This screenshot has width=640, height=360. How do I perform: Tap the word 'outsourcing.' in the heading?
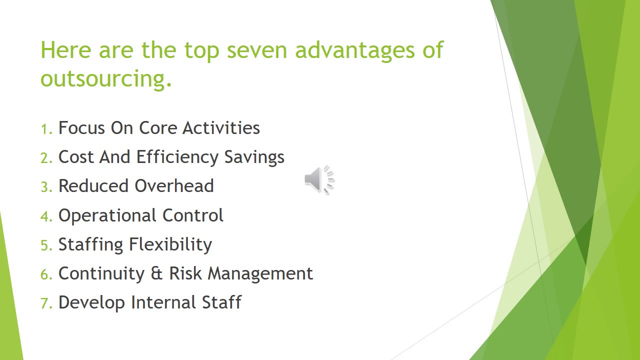(106, 79)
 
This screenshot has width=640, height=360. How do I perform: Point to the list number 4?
(45, 216)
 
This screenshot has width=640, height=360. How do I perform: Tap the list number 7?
(45, 303)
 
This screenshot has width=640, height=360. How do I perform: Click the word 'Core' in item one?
(158, 128)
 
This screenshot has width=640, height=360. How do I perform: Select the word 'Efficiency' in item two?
(177, 157)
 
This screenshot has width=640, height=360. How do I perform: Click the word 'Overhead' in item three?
(174, 185)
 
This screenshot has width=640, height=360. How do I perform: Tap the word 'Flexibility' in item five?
(170, 244)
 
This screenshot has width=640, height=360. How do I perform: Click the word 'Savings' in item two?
(254, 157)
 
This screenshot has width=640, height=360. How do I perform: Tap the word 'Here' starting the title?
(65, 50)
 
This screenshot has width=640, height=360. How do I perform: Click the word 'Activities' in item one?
(221, 128)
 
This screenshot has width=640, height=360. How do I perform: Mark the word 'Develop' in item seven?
(91, 302)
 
